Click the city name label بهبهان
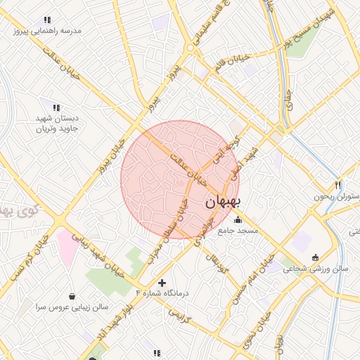pyautogui.click(x=224, y=202)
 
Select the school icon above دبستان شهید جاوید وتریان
pyautogui.click(x=56, y=106)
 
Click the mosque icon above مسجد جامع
pyautogui.click(x=238, y=219)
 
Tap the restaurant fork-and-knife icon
pyautogui.click(x=338, y=184)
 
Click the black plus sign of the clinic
pyautogui.click(x=162, y=283)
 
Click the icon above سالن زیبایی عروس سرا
pyautogui.click(x=73, y=296)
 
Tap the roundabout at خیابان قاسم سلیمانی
pyautogui.click(x=191, y=49)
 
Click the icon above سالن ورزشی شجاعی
pyautogui.click(x=315, y=257)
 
